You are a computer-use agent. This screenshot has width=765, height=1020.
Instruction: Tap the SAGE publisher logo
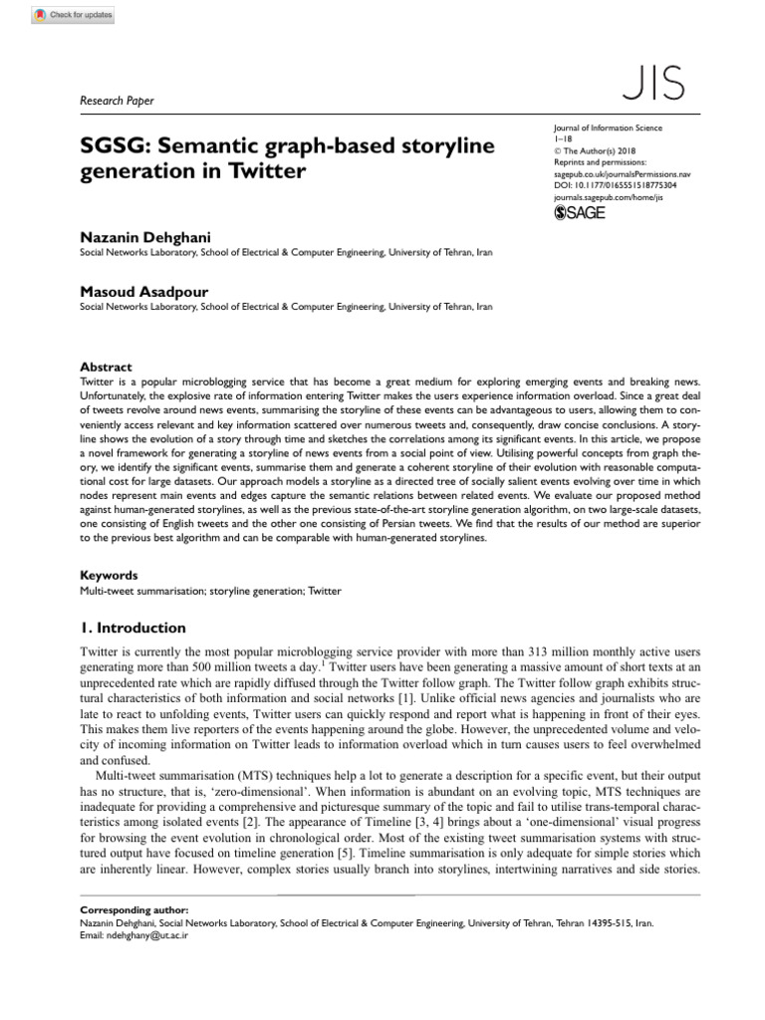[579, 212]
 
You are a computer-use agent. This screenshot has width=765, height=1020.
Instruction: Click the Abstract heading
[106, 367]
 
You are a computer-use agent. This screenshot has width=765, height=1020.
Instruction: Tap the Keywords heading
[109, 575]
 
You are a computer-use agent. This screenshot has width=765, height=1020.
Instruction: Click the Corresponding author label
[132, 910]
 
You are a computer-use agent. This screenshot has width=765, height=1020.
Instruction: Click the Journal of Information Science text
[606, 128]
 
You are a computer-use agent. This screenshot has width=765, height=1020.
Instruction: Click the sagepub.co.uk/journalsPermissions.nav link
[620, 172]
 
